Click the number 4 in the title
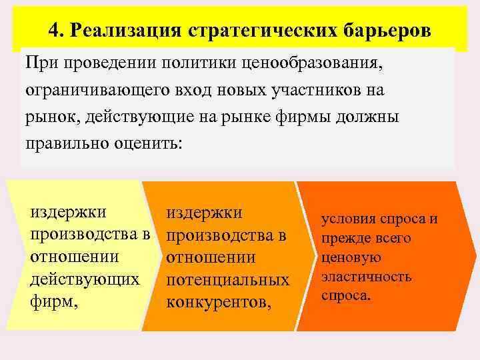[55, 31]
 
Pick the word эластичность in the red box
[366, 276]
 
